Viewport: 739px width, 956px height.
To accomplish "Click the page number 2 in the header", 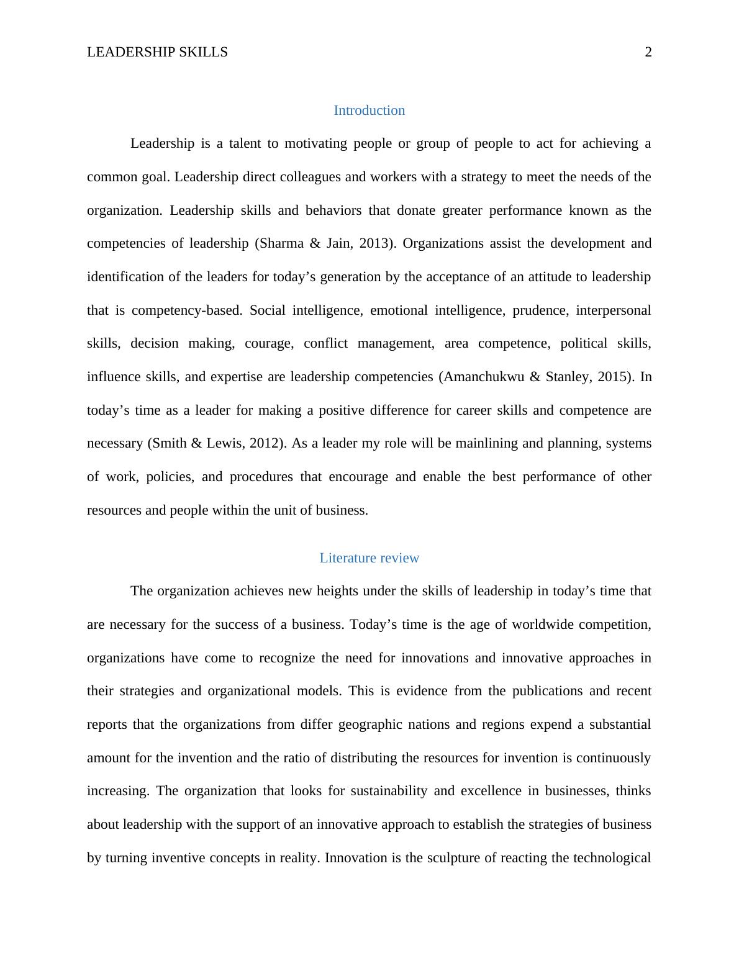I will click(x=648, y=52).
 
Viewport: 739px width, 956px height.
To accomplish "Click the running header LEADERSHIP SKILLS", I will click(x=157, y=52).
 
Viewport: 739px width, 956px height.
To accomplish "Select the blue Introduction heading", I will click(x=369, y=110).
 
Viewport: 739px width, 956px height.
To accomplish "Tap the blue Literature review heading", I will click(x=369, y=558).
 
